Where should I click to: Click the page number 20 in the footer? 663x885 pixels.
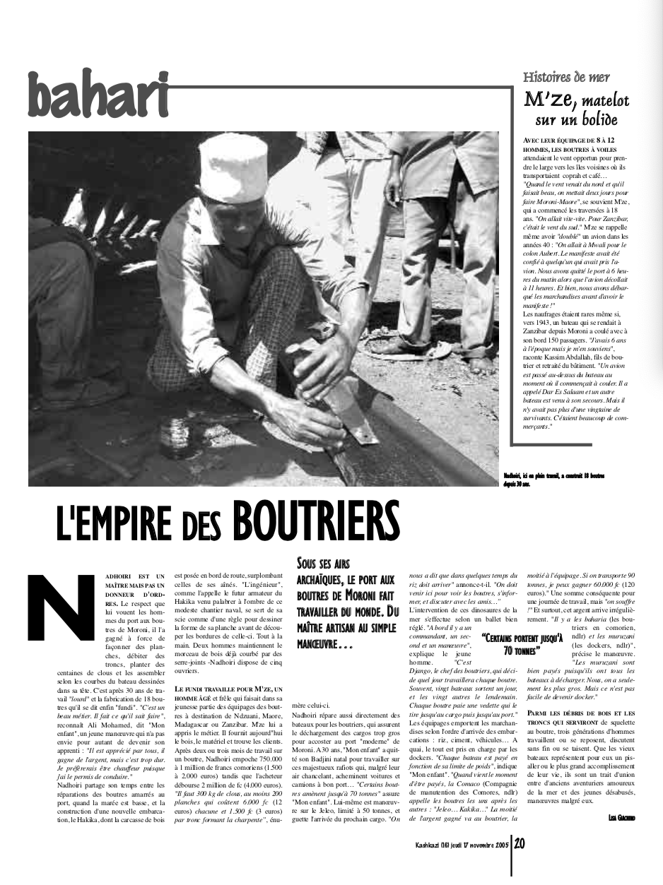pos(520,843)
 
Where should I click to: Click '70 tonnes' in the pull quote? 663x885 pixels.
pos(522,649)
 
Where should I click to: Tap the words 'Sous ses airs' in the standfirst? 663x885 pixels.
pos(323,564)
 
